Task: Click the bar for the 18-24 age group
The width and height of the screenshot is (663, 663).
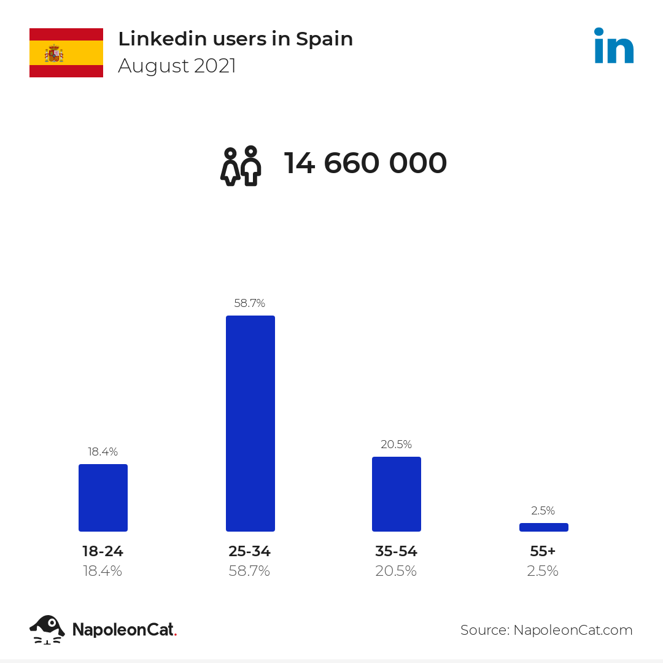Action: coord(103,498)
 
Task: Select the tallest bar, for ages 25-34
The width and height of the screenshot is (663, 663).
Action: coord(250,424)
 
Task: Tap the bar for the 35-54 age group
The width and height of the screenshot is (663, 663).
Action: coord(397,494)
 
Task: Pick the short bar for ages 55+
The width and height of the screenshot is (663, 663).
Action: coord(544,527)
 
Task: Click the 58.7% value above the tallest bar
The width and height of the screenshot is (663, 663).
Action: coord(249,303)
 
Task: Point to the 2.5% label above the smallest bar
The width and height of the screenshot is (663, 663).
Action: coord(543,511)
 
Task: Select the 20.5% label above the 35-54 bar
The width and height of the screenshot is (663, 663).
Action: coord(396,444)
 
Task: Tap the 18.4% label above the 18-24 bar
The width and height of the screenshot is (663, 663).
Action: coord(103,452)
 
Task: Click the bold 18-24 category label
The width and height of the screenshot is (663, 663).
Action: coord(103,551)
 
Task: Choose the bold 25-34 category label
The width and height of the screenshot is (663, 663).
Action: coord(249,551)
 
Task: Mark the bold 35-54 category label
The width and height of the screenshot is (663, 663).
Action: coord(396,551)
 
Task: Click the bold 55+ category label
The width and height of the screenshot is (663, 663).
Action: coord(543,551)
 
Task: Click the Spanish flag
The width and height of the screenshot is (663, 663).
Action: coord(66,53)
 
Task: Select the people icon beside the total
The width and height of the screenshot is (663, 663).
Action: coord(241,166)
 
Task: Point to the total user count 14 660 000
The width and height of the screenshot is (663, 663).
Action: coord(365,163)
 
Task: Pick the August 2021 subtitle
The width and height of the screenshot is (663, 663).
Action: coord(177,66)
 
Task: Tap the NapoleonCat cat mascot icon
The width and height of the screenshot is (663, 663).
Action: coord(47,629)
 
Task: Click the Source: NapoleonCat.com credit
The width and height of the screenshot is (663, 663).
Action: coord(546,630)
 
